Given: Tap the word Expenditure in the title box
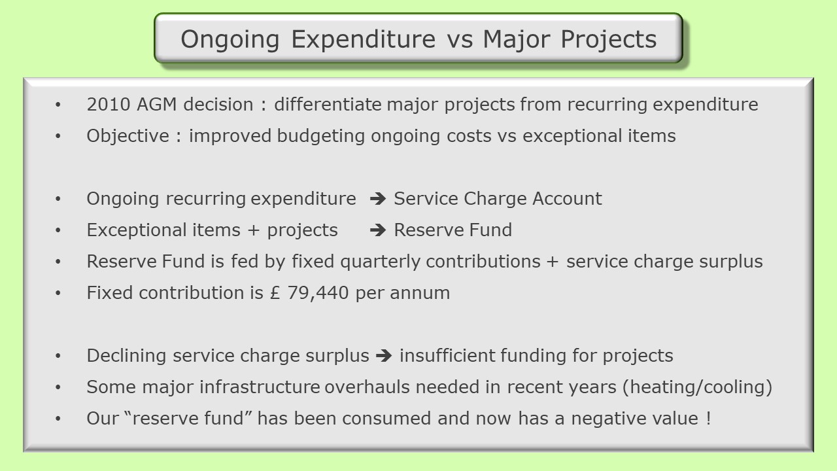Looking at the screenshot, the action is [x=363, y=39].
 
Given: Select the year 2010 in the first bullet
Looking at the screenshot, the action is [x=109, y=104].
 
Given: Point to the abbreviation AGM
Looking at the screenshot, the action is [x=156, y=104].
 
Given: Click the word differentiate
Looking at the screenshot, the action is [x=328, y=104].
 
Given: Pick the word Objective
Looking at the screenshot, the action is [x=128, y=136].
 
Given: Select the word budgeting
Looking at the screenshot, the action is [x=320, y=136].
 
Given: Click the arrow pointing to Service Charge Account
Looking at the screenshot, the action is [x=378, y=198].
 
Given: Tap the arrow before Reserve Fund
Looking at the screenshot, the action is [x=378, y=230].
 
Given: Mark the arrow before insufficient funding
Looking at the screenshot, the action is [x=384, y=355].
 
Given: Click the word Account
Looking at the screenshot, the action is [x=567, y=198].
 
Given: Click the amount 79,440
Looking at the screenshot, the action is [x=318, y=292].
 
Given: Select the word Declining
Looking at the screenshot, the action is [x=126, y=355].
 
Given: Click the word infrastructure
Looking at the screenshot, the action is [x=260, y=387].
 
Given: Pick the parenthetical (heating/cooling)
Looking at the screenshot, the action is [x=697, y=387].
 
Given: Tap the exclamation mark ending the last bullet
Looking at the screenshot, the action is [x=708, y=418].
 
